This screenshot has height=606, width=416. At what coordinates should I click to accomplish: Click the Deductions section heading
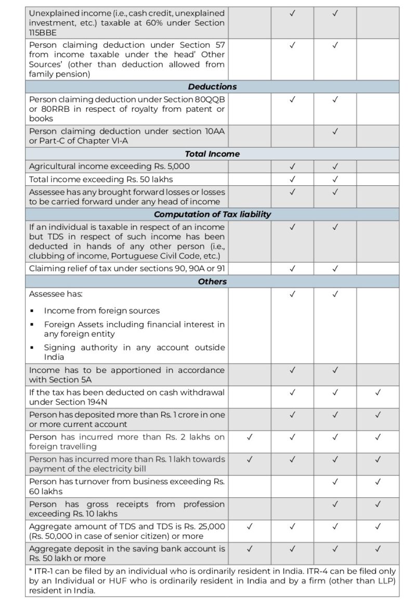[212, 87]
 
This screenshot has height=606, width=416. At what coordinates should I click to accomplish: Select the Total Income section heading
[212, 154]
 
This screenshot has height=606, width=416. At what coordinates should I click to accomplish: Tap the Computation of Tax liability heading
[212, 214]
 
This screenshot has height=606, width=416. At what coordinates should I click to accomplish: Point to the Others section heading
[212, 281]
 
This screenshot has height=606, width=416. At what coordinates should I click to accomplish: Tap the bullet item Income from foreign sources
[101, 311]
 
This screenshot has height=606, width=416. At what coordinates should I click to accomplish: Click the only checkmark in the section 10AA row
[335, 131]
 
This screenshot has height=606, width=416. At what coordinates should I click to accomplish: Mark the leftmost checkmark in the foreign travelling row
[250, 437]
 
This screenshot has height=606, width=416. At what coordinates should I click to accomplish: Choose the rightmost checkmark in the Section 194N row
[378, 392]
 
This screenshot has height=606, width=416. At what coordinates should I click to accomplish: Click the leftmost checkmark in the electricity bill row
[250, 459]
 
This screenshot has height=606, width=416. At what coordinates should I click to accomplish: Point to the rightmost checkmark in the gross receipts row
[378, 504]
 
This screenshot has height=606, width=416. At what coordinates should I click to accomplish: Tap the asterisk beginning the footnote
[31, 572]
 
